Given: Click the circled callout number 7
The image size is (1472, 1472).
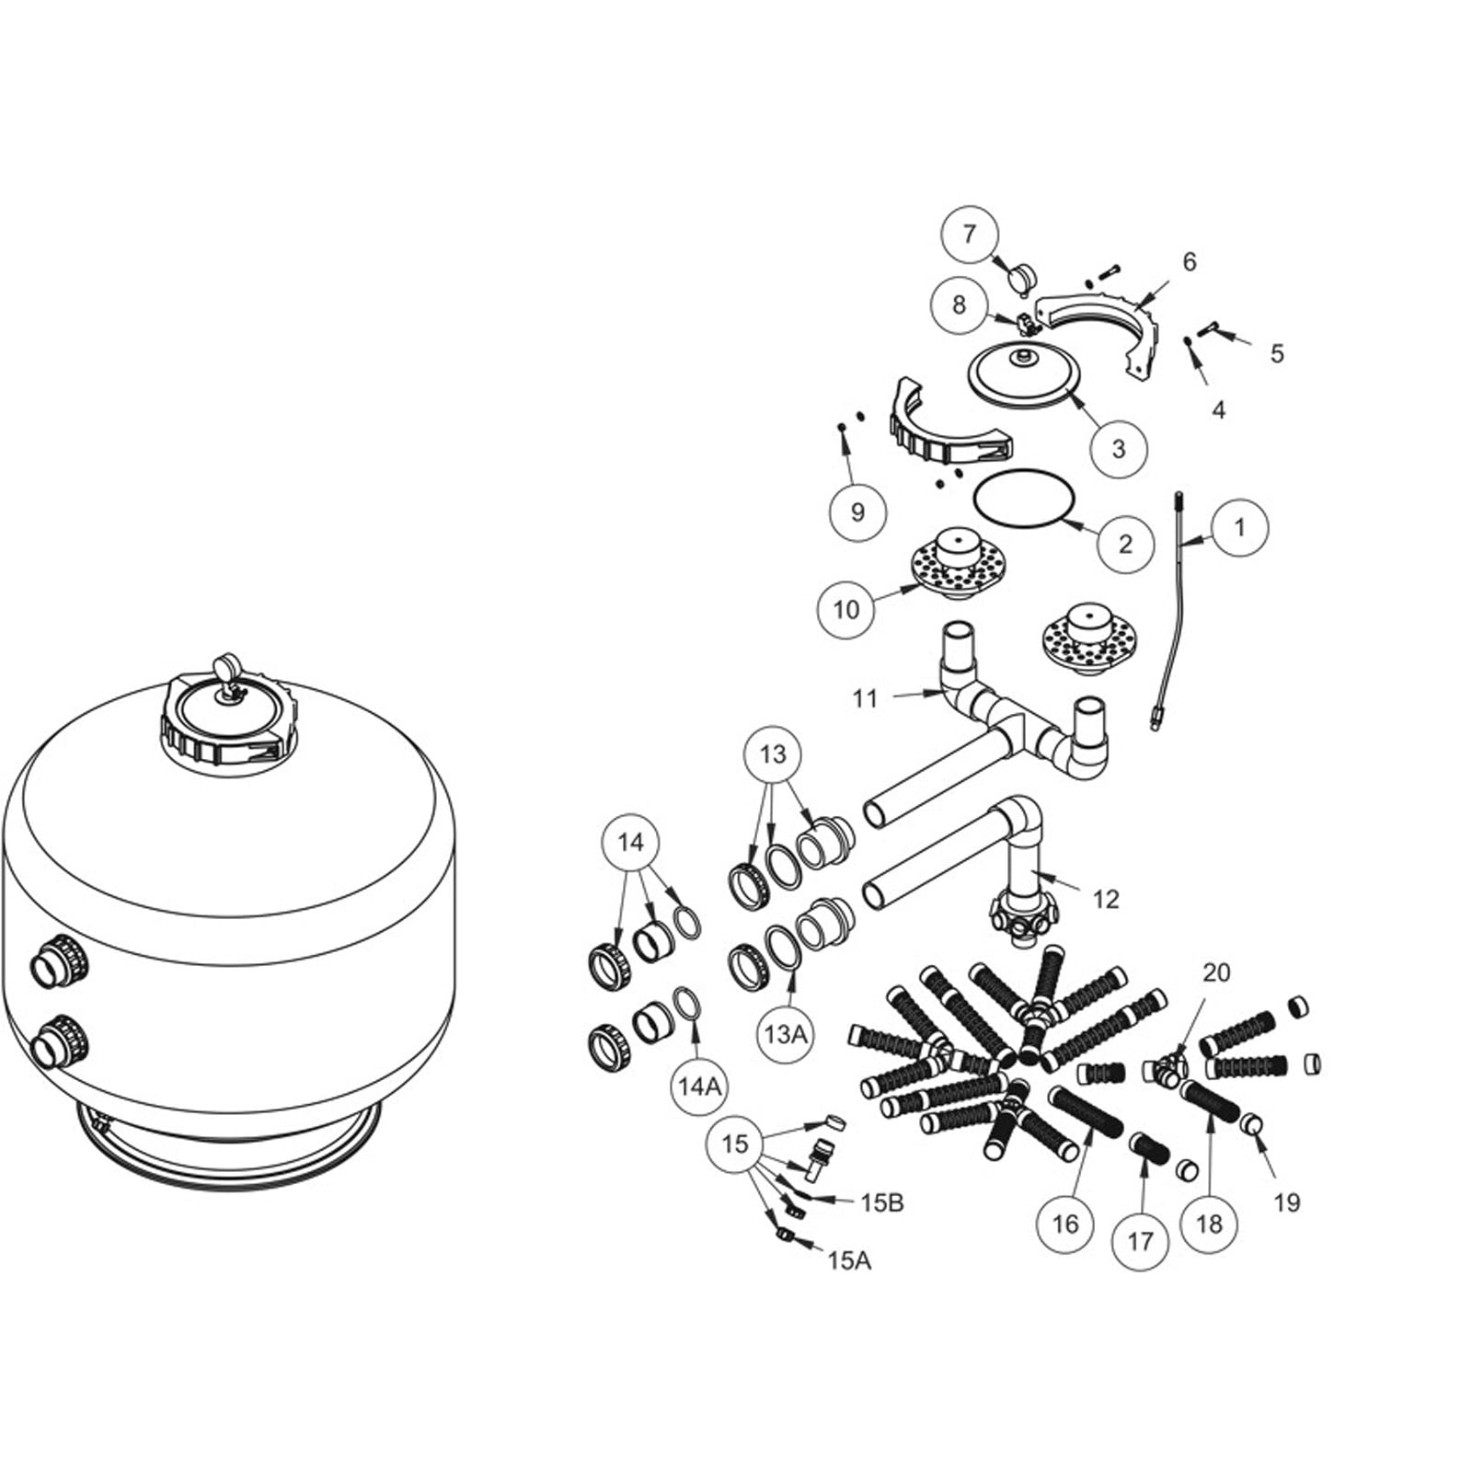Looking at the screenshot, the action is pyautogui.click(x=969, y=235).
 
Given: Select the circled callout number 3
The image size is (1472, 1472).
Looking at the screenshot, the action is pyautogui.click(x=1119, y=449).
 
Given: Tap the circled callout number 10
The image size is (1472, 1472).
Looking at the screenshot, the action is pyautogui.click(x=845, y=609).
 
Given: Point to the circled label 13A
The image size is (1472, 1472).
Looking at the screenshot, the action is pyautogui.click(x=785, y=1034).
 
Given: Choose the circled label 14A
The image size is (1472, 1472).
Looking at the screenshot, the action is pyautogui.click(x=698, y=1087).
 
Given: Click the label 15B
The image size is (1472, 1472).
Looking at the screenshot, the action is pyautogui.click(x=881, y=1202).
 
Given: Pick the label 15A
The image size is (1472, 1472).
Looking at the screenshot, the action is pyautogui.click(x=848, y=1260).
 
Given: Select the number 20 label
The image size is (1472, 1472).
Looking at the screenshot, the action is pyautogui.click(x=1216, y=972).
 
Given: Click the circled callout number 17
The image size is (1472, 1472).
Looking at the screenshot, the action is pyautogui.click(x=1140, y=1242).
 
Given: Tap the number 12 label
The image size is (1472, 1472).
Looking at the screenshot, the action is pyautogui.click(x=1105, y=899).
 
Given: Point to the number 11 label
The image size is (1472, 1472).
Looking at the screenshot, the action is pyautogui.click(x=865, y=699).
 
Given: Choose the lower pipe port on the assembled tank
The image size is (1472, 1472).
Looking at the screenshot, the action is pyautogui.click(x=59, y=1041).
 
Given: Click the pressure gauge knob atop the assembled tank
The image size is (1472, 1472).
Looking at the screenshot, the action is pyautogui.click(x=224, y=670).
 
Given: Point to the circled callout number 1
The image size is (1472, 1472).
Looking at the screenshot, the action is pyautogui.click(x=1239, y=528).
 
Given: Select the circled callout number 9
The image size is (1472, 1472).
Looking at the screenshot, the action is pyautogui.click(x=857, y=512).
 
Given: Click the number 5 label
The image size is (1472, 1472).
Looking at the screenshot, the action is pyautogui.click(x=1276, y=353).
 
